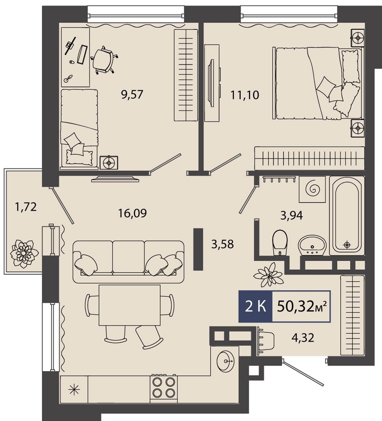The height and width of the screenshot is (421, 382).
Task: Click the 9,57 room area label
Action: click(x=132, y=94)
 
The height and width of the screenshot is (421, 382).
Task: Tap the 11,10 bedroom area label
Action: click(x=245, y=95)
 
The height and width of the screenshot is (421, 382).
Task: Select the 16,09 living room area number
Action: click(x=133, y=213)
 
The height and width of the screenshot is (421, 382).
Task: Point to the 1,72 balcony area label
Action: click(x=26, y=207)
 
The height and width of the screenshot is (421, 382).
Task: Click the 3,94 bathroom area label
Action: click(x=291, y=215)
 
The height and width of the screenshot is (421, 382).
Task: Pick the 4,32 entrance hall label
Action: click(x=303, y=338)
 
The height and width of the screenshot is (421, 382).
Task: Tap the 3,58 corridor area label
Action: click(x=222, y=244)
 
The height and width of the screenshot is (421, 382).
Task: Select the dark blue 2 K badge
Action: click(x=256, y=306)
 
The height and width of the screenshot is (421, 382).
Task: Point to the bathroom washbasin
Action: click(x=312, y=245)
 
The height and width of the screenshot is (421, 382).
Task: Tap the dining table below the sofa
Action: click(x=130, y=305)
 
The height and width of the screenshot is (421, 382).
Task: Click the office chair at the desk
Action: click(x=103, y=60)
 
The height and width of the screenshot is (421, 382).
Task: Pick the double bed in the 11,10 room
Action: click(x=317, y=83)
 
